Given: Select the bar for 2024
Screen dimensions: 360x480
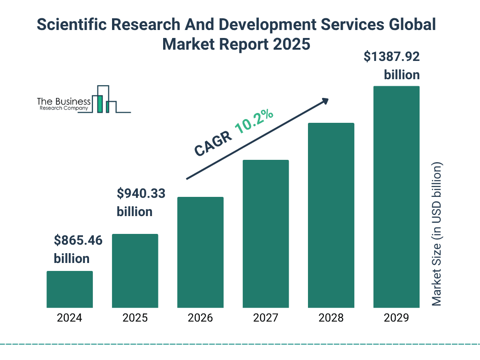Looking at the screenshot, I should (x=70, y=289).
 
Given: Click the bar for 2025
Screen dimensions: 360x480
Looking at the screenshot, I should (x=135, y=271).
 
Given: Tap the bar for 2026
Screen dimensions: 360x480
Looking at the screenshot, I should (x=200, y=252).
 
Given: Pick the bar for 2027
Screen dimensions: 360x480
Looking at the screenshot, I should (x=265, y=234).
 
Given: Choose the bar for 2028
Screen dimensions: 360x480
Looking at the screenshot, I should (x=331, y=215).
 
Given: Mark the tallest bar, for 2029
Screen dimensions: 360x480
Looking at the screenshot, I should (x=396, y=197).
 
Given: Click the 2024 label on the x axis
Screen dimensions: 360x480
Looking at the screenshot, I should (x=70, y=318).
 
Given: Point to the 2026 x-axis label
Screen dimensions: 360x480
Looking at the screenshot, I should (x=200, y=318).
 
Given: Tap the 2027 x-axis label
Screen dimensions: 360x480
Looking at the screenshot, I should (x=265, y=318).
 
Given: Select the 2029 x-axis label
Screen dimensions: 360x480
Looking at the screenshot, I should (x=396, y=318).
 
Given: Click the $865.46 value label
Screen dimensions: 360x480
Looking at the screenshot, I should (x=78, y=241).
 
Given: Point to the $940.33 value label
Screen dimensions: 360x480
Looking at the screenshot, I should (x=141, y=193).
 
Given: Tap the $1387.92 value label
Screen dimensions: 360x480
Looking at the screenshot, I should (x=391, y=57).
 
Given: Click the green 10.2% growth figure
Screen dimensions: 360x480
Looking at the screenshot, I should (x=254, y=122).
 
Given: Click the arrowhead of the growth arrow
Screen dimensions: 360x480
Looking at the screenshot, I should (x=324, y=101).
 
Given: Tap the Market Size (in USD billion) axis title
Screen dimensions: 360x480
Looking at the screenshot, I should (x=437, y=234).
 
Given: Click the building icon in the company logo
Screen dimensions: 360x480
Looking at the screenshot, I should (x=105, y=100).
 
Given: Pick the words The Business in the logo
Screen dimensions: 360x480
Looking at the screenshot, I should (x=64, y=101).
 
